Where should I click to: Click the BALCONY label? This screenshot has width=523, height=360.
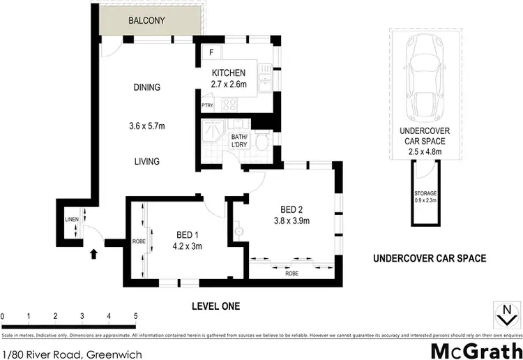pos(146,21)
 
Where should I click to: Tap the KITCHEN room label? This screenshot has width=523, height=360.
pos(229,73)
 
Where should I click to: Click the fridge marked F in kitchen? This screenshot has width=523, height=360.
pos(211,52)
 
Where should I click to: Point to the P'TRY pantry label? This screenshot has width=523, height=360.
pos(207,105)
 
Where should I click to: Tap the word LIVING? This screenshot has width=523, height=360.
pos(147,162)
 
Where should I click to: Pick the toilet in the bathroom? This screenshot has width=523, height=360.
pos(261,144)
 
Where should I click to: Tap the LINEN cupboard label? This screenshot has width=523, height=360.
pos(72,219)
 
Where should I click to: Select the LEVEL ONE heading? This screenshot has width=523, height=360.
pos(215,306)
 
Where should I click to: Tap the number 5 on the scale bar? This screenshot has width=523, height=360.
pos(135,317)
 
